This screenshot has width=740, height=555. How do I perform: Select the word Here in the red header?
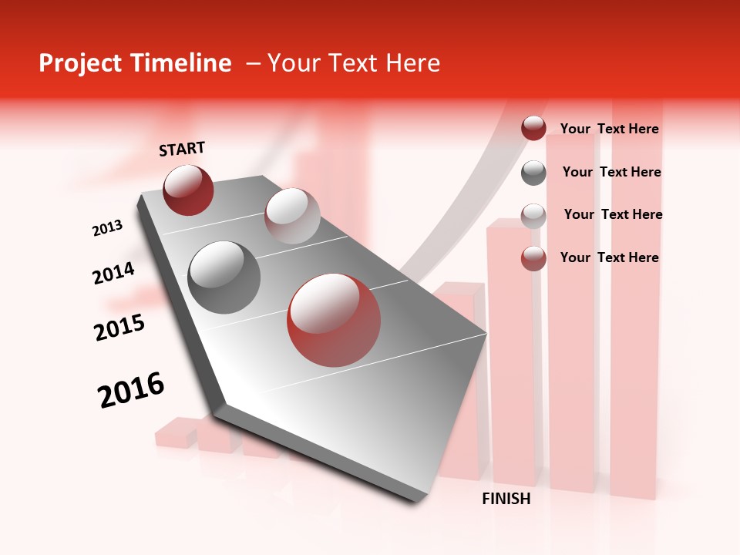click(412, 63)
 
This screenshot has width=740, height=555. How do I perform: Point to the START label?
click(182, 149)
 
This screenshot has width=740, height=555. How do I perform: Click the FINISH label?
click(506, 499)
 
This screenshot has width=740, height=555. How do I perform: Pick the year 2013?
click(107, 228)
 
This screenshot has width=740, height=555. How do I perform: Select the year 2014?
click(113, 273)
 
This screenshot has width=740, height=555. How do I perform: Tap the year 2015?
click(119, 328)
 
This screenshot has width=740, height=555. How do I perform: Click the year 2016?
click(131, 390)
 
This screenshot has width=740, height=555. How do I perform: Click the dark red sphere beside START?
click(188, 190)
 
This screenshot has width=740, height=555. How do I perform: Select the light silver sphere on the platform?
click(292, 216)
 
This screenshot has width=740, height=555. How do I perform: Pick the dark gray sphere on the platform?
click(224, 277)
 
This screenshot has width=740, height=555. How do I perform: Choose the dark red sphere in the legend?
click(533, 129)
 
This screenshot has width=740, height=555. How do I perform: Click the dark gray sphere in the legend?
click(533, 173)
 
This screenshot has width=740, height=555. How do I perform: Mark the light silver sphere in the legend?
click(533, 215)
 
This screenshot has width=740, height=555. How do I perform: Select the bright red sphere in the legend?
click(533, 258)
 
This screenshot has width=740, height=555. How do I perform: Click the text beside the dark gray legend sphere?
click(611, 172)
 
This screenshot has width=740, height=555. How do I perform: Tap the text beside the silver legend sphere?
click(613, 214)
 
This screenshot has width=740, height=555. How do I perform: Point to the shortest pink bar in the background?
click(176, 433)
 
